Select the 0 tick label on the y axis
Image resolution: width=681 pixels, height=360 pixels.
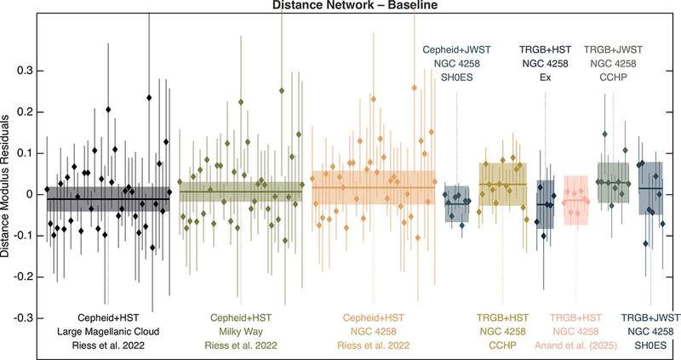(x=32, y=194)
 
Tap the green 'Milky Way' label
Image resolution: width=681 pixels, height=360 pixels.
(x=239, y=330)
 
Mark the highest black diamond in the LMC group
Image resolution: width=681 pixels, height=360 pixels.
(x=149, y=99)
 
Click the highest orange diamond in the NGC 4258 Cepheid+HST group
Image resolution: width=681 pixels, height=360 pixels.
(x=415, y=88)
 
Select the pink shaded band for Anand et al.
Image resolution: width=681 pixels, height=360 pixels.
(x=576, y=201)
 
